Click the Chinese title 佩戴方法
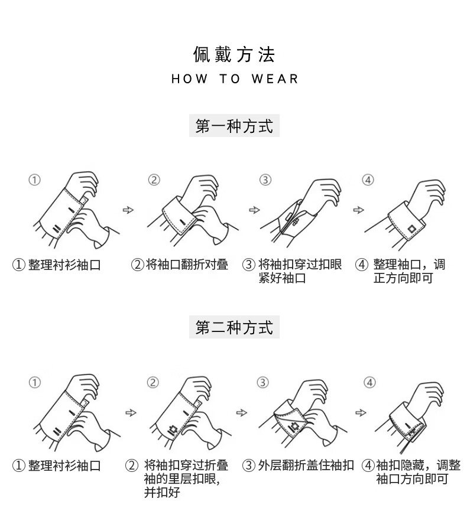(234, 54)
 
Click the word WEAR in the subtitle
(275, 79)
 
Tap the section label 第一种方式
(234, 126)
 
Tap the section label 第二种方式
(234, 327)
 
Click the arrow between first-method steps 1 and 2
(128, 210)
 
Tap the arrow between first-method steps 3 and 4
(359, 210)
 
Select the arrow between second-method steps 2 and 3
(242, 412)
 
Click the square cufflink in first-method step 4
(411, 229)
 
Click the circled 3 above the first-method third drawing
(265, 180)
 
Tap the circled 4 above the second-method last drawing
(369, 382)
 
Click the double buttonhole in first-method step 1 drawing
(57, 229)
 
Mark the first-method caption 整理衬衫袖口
(57, 265)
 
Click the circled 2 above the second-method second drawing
(153, 382)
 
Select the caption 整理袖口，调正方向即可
(401, 271)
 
